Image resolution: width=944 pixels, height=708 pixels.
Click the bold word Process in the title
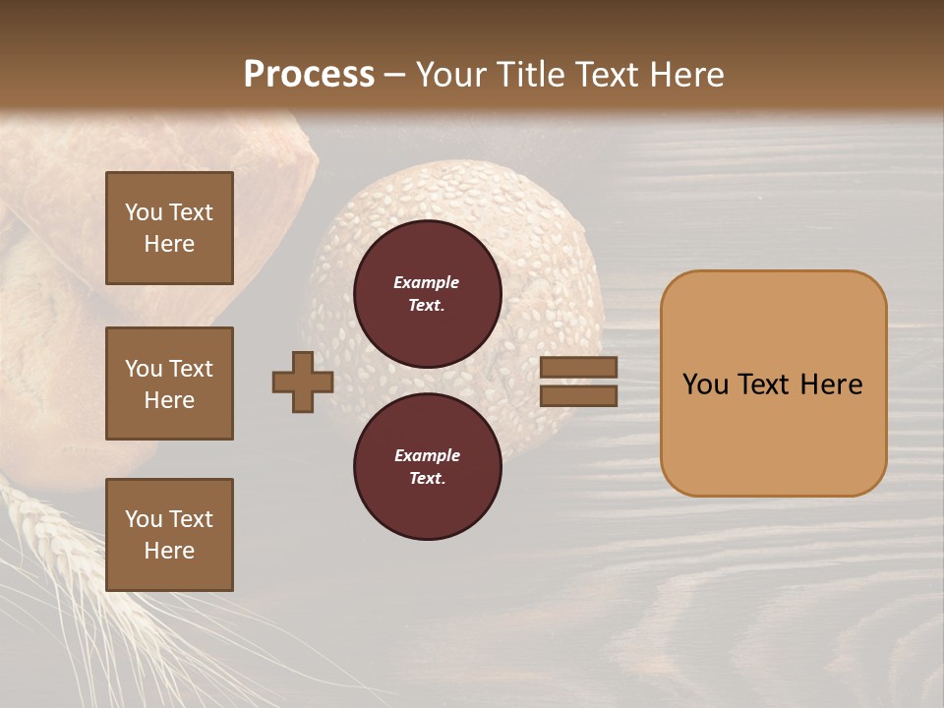click(x=309, y=74)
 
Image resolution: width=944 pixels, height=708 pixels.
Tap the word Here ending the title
click(x=685, y=74)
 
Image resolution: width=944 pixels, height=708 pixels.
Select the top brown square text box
click(x=169, y=228)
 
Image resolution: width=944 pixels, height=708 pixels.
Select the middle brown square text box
click(x=169, y=383)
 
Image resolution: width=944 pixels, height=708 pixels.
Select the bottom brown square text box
click(x=169, y=534)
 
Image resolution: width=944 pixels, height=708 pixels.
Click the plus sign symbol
click(x=303, y=382)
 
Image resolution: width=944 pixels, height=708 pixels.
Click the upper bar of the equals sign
click(x=579, y=368)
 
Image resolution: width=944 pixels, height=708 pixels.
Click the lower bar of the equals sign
click(x=579, y=395)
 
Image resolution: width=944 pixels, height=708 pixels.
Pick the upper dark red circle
click(x=428, y=294)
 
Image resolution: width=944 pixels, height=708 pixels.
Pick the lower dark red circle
click(x=428, y=467)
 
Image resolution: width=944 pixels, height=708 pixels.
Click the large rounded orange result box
click(x=773, y=383)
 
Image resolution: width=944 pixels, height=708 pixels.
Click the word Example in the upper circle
click(x=427, y=282)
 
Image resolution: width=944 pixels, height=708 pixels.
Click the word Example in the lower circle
click(x=427, y=455)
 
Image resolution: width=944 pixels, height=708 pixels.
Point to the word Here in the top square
click(x=169, y=244)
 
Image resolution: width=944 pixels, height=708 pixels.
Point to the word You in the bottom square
click(x=144, y=519)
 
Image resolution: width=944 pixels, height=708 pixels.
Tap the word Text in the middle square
click(x=190, y=369)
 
